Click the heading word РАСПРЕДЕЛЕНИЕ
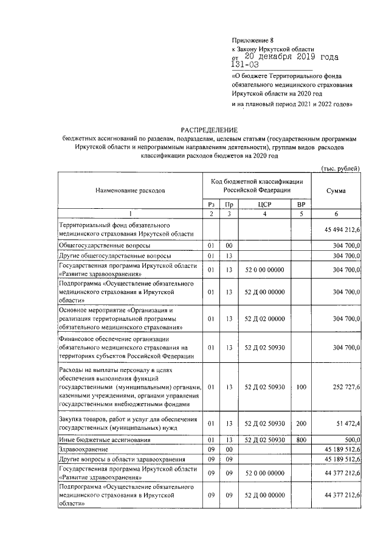pos(209,130)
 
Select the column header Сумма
pos(336,191)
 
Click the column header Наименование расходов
pos(130,191)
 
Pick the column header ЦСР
pos(264,204)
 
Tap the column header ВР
pos(301,204)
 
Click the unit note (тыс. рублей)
pos(340,168)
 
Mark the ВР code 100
pos(301,387)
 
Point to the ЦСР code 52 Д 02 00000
pos(264,318)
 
